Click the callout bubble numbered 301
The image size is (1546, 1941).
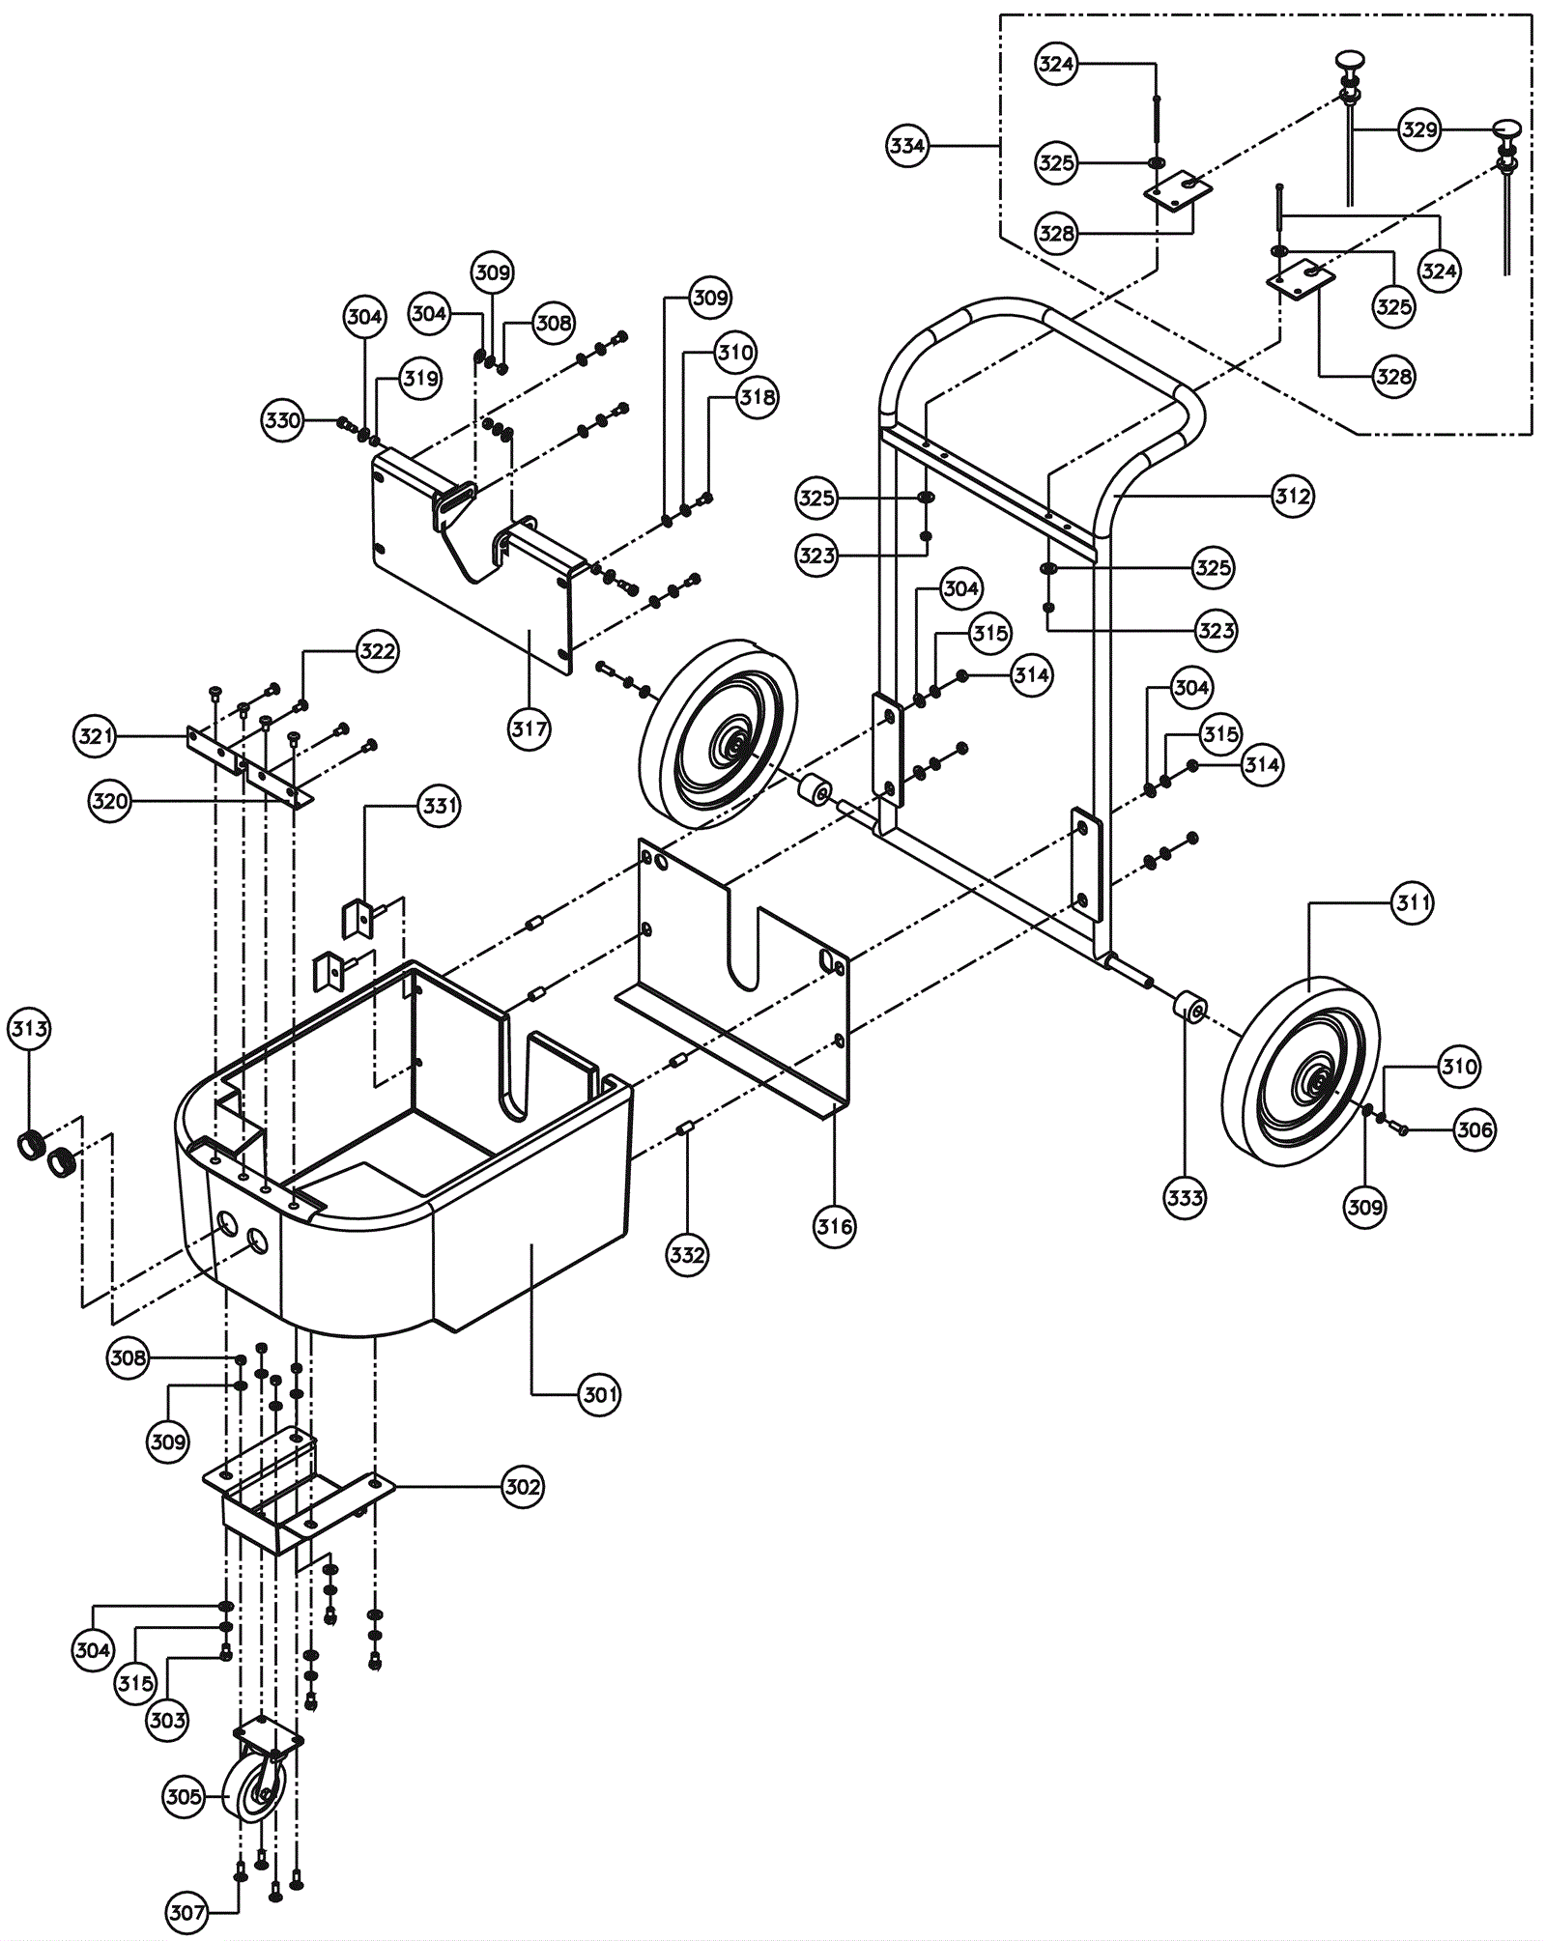[x=600, y=1394]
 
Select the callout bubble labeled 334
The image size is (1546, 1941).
[x=907, y=146]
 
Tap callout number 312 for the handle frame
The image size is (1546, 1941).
[x=1293, y=497]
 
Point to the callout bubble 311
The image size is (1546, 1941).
[x=1413, y=903]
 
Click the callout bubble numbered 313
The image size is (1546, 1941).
[x=29, y=1029]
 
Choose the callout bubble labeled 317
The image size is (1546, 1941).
[x=530, y=728]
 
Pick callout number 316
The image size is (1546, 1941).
[x=835, y=1227]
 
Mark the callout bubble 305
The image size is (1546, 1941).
[x=184, y=1797]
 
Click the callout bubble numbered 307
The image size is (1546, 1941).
[x=187, y=1912]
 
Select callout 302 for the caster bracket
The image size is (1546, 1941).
[x=523, y=1487]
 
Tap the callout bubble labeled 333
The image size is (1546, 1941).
[x=1185, y=1198]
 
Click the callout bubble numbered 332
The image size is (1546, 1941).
[x=687, y=1255]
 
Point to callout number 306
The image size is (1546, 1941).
[x=1474, y=1129]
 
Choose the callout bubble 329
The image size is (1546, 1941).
[x=1419, y=129]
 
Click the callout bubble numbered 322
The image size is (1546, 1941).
[x=377, y=651]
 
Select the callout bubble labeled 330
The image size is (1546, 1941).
[x=283, y=420]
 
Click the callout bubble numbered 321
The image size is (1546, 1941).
[x=96, y=736]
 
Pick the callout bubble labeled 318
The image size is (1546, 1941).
[x=758, y=397]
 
